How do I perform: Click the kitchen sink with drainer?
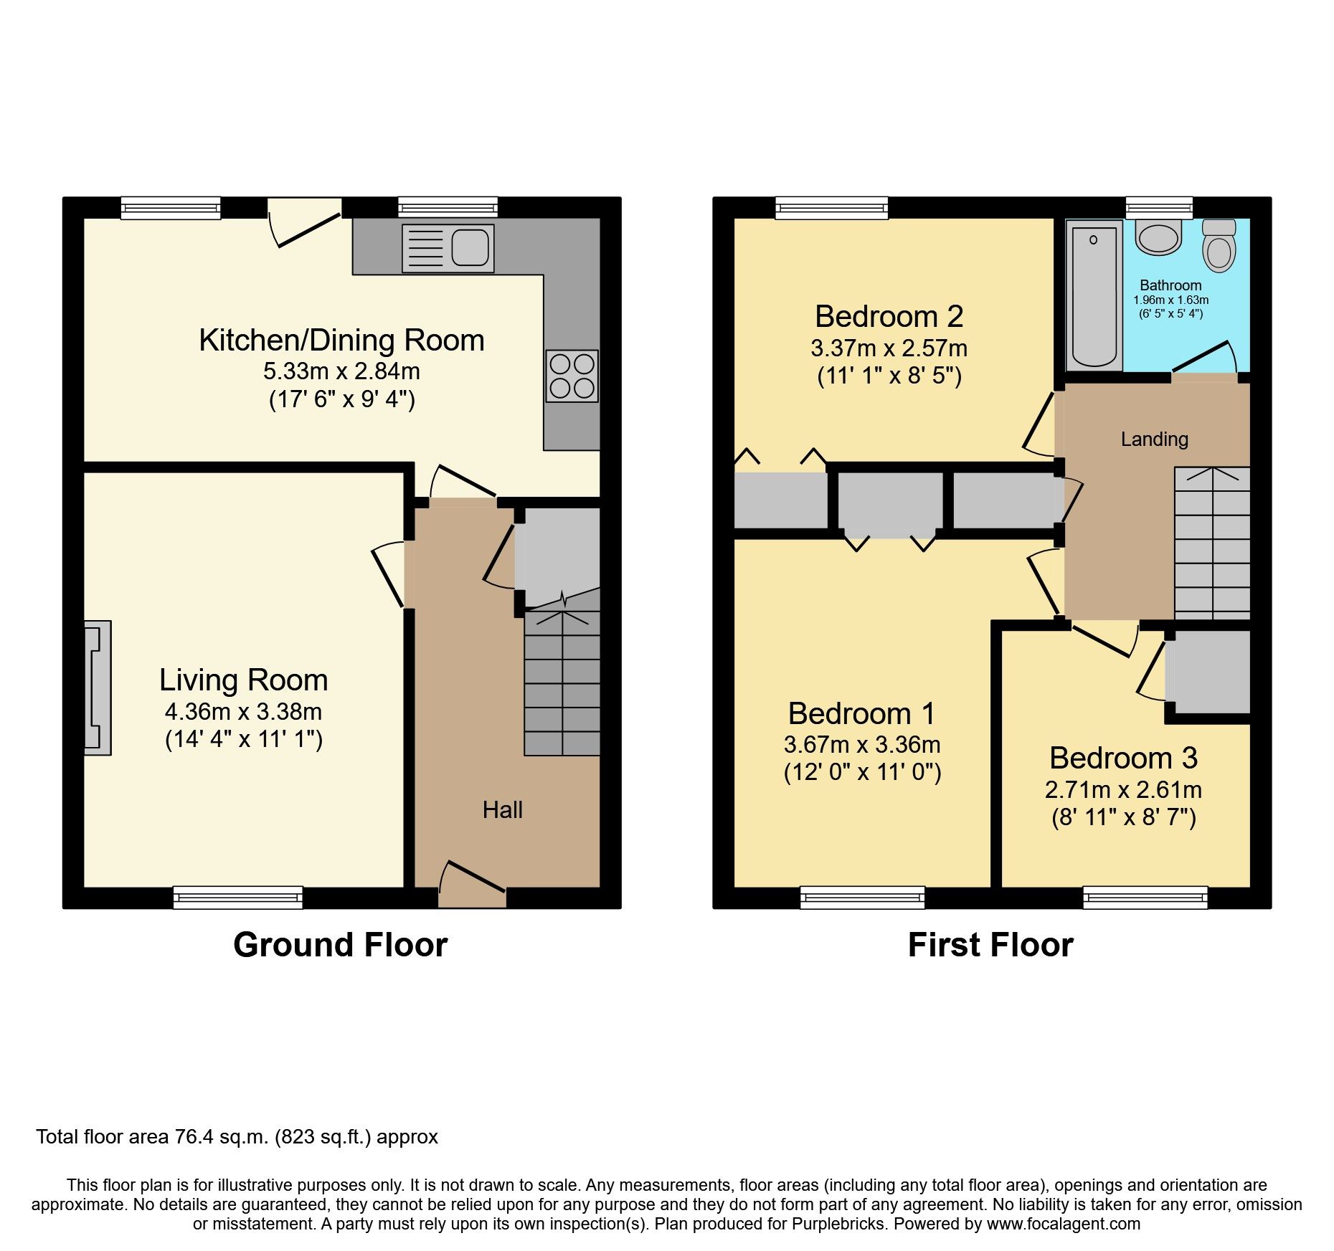click(448, 249)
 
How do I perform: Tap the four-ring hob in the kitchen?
click(572, 376)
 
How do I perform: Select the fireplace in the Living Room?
click(98, 688)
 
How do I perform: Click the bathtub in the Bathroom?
click(1094, 295)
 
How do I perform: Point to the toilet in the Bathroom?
click(1219, 246)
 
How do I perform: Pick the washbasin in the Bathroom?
click(1159, 238)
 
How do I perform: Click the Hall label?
click(502, 810)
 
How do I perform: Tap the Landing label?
click(1154, 439)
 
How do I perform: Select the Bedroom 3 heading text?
click(1123, 758)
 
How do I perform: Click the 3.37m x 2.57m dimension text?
click(889, 348)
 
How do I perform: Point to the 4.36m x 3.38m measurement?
click(243, 712)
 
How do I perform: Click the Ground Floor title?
click(340, 945)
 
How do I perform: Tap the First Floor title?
click(990, 945)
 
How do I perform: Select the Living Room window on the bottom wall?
click(238, 897)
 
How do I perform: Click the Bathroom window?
click(1159, 208)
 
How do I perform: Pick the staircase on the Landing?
click(1211, 543)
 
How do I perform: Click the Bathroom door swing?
click(1206, 359)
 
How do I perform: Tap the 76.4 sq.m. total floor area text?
click(237, 1137)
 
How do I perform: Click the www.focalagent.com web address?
click(1063, 1224)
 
